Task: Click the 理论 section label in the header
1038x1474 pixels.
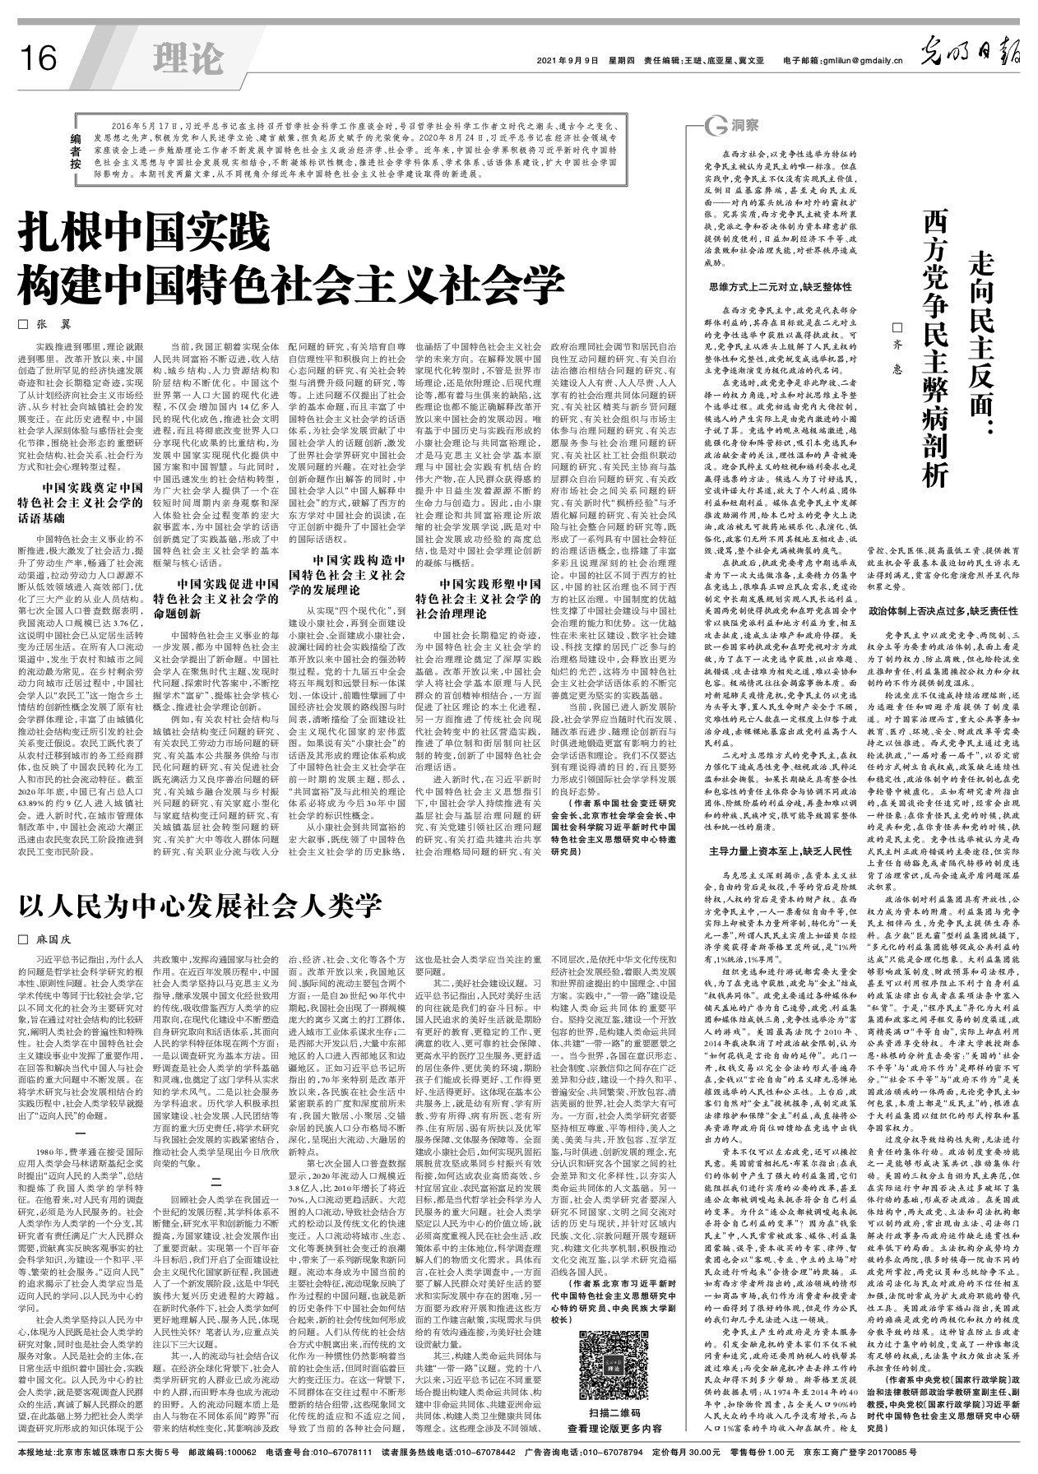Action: (188, 58)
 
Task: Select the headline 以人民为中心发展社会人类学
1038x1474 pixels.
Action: (201, 906)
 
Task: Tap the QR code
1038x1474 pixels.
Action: (609, 1355)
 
